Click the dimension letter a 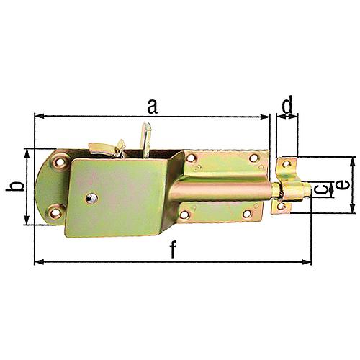153,107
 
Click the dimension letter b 15,186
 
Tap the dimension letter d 287,104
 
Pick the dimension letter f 173,250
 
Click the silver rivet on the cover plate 91,198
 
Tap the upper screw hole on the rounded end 60,163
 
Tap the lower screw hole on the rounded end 55,212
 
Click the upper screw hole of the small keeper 286,164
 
